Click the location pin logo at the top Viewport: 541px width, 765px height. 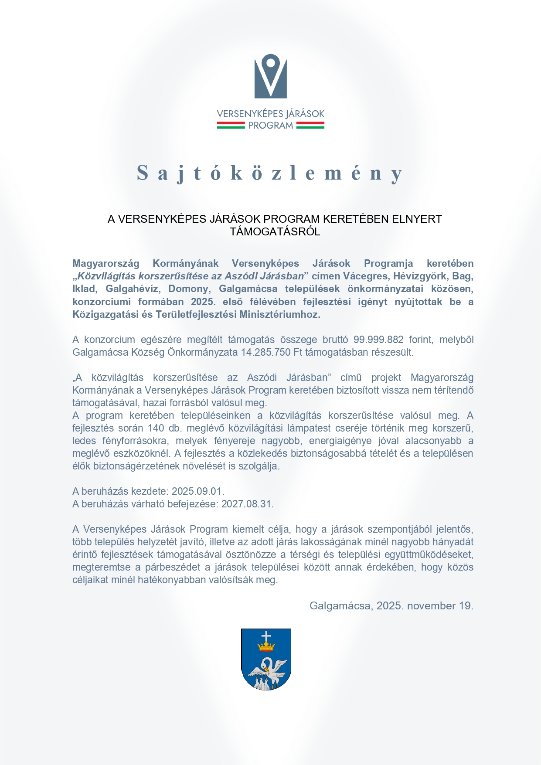[270, 76]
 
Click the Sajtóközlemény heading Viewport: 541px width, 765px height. [270, 173]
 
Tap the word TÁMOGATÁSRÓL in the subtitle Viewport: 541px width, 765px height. [275, 231]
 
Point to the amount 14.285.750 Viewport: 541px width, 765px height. [266, 352]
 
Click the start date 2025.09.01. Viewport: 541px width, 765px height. [197, 491]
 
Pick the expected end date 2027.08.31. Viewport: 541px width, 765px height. [247, 504]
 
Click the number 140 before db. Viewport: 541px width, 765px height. [156, 428]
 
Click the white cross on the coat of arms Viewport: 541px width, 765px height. [265, 636]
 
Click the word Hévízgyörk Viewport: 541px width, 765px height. [420, 276]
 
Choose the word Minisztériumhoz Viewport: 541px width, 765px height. [279, 315]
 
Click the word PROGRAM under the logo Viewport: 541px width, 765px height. [270, 126]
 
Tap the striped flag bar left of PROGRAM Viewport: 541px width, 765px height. [231, 126]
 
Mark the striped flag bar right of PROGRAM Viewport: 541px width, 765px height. [310, 126]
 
